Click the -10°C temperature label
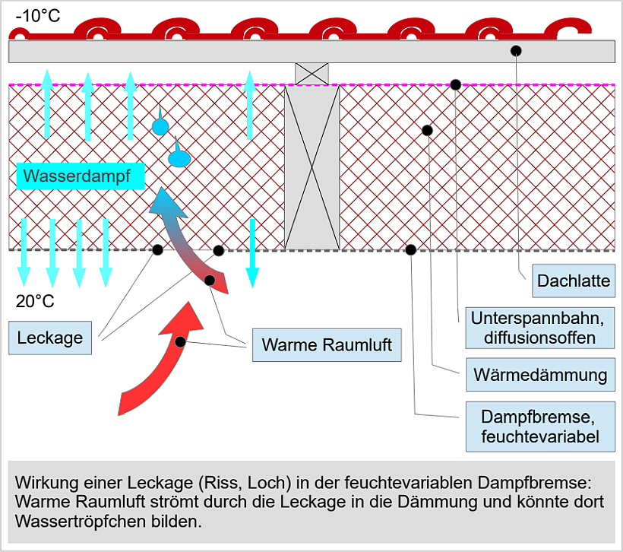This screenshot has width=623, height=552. click(38, 14)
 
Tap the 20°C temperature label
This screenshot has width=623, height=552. click(36, 301)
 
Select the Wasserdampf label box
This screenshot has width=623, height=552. click(76, 177)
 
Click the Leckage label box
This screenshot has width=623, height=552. click(51, 337)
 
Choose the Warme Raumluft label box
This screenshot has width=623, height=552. click(327, 344)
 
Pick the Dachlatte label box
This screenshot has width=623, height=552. click(574, 281)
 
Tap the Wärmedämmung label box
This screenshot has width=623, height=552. click(539, 374)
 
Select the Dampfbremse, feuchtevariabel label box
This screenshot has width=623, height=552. click(539, 427)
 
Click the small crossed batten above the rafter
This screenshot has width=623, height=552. click(311, 74)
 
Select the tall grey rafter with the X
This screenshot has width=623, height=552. click(311, 167)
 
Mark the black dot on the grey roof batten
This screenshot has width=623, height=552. click(516, 50)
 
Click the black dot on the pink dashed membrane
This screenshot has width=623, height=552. click(455, 84)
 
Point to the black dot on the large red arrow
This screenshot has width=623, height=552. click(180, 342)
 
